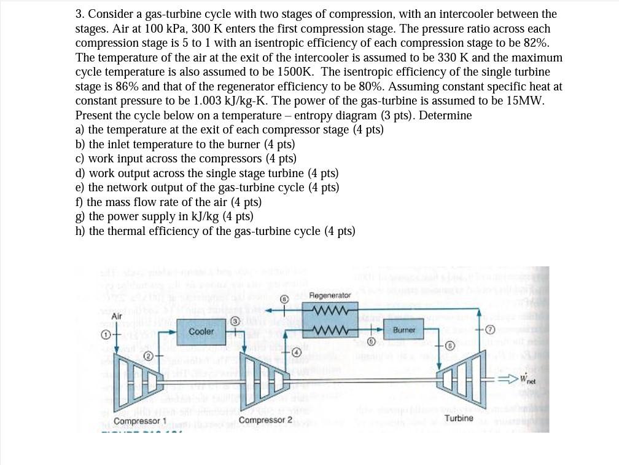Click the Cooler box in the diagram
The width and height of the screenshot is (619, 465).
[201, 332]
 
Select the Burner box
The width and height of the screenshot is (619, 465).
[403, 330]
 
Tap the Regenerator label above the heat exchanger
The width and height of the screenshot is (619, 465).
[330, 295]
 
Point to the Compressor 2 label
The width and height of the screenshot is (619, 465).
[265, 420]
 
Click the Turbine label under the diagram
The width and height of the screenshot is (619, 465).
[459, 418]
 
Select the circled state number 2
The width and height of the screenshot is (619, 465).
[148, 356]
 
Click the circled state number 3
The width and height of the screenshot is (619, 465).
[235, 321]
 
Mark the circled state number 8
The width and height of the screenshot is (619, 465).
[285, 300]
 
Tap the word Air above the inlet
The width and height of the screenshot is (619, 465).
[117, 316]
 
